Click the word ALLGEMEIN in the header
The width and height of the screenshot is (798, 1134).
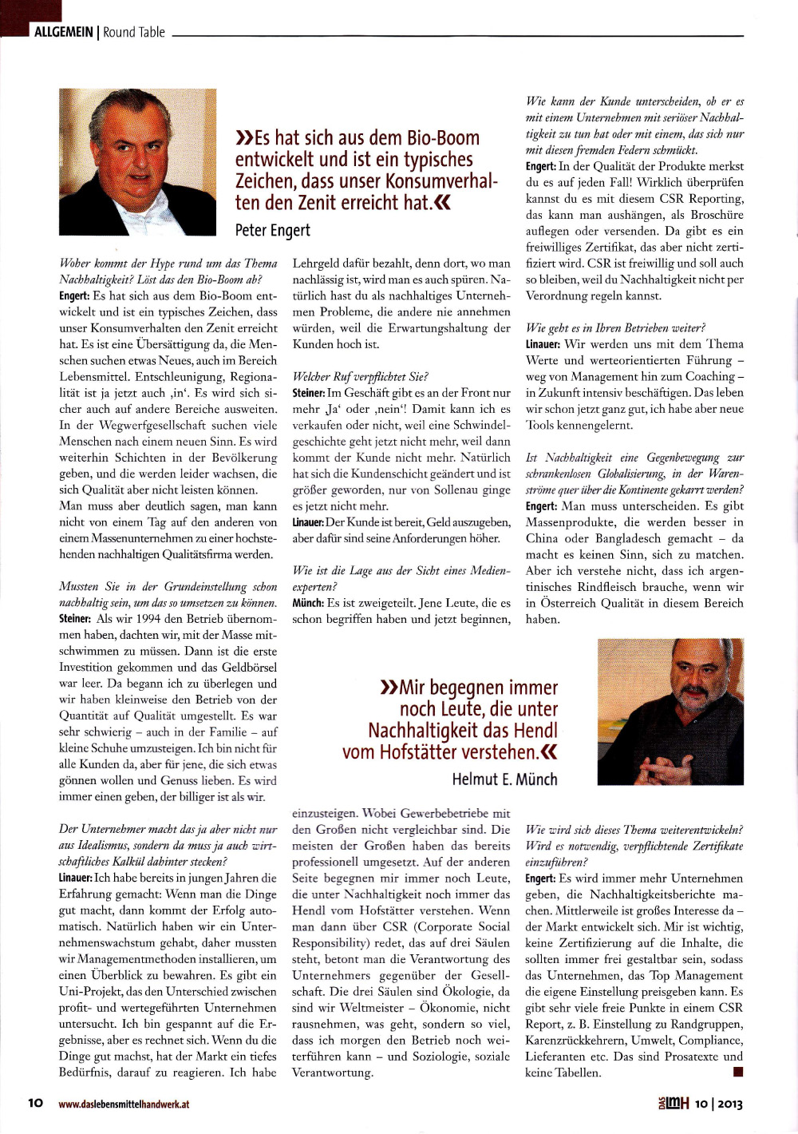pos(63,32)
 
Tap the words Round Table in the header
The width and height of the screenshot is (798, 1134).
pos(134,32)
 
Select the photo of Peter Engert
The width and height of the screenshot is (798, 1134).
pos(137,161)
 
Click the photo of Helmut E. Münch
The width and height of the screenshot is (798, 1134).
pos(670,711)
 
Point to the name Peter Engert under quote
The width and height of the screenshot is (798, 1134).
pos(272,231)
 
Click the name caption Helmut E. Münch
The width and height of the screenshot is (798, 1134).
pos(504,779)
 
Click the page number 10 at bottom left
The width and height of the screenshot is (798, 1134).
pos(36,1103)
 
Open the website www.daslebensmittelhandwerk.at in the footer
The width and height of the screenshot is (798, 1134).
pos(124,1104)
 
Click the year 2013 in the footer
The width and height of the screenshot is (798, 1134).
pos(729,1104)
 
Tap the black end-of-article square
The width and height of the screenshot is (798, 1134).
pos(737,1072)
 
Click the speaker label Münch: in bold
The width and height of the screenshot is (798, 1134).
pos(307,603)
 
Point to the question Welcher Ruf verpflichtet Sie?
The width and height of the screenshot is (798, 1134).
pos(360,376)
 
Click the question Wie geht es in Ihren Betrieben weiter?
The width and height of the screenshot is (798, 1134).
pos(615,327)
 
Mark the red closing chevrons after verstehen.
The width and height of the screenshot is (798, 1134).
pos(549,752)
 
